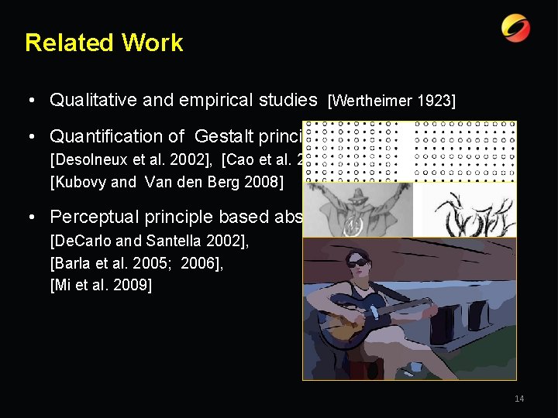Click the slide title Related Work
[x=104, y=43]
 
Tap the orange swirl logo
[x=515, y=29]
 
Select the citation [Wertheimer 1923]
[x=391, y=101]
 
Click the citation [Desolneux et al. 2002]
[x=133, y=160]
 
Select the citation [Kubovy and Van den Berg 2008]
[x=167, y=182]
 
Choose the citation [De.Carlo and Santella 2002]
[x=150, y=242]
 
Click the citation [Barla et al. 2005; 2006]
[x=136, y=264]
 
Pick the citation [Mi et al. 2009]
[x=101, y=286]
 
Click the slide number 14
[x=519, y=399]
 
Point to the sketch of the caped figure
[x=357, y=209]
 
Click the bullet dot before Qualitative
[x=28, y=101]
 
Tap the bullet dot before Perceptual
[x=28, y=218]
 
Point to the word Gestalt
[x=227, y=136]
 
